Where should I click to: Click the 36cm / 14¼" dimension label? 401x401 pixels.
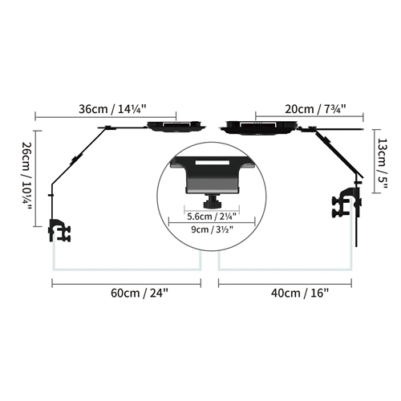[x=112, y=109]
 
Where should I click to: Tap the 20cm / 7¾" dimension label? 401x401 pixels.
[x=315, y=109]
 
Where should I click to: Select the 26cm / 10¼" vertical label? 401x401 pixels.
[x=27, y=176]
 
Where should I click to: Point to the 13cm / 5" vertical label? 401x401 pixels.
[x=382, y=164]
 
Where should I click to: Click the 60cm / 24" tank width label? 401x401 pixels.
[x=140, y=294]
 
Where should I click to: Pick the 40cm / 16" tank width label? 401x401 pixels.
[x=300, y=294]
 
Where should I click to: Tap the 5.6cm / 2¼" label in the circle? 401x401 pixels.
[x=212, y=217]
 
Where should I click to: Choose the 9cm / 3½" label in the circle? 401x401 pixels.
[x=212, y=229]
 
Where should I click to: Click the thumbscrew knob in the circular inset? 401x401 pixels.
[x=213, y=202]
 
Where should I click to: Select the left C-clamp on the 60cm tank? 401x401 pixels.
[x=59, y=230]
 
